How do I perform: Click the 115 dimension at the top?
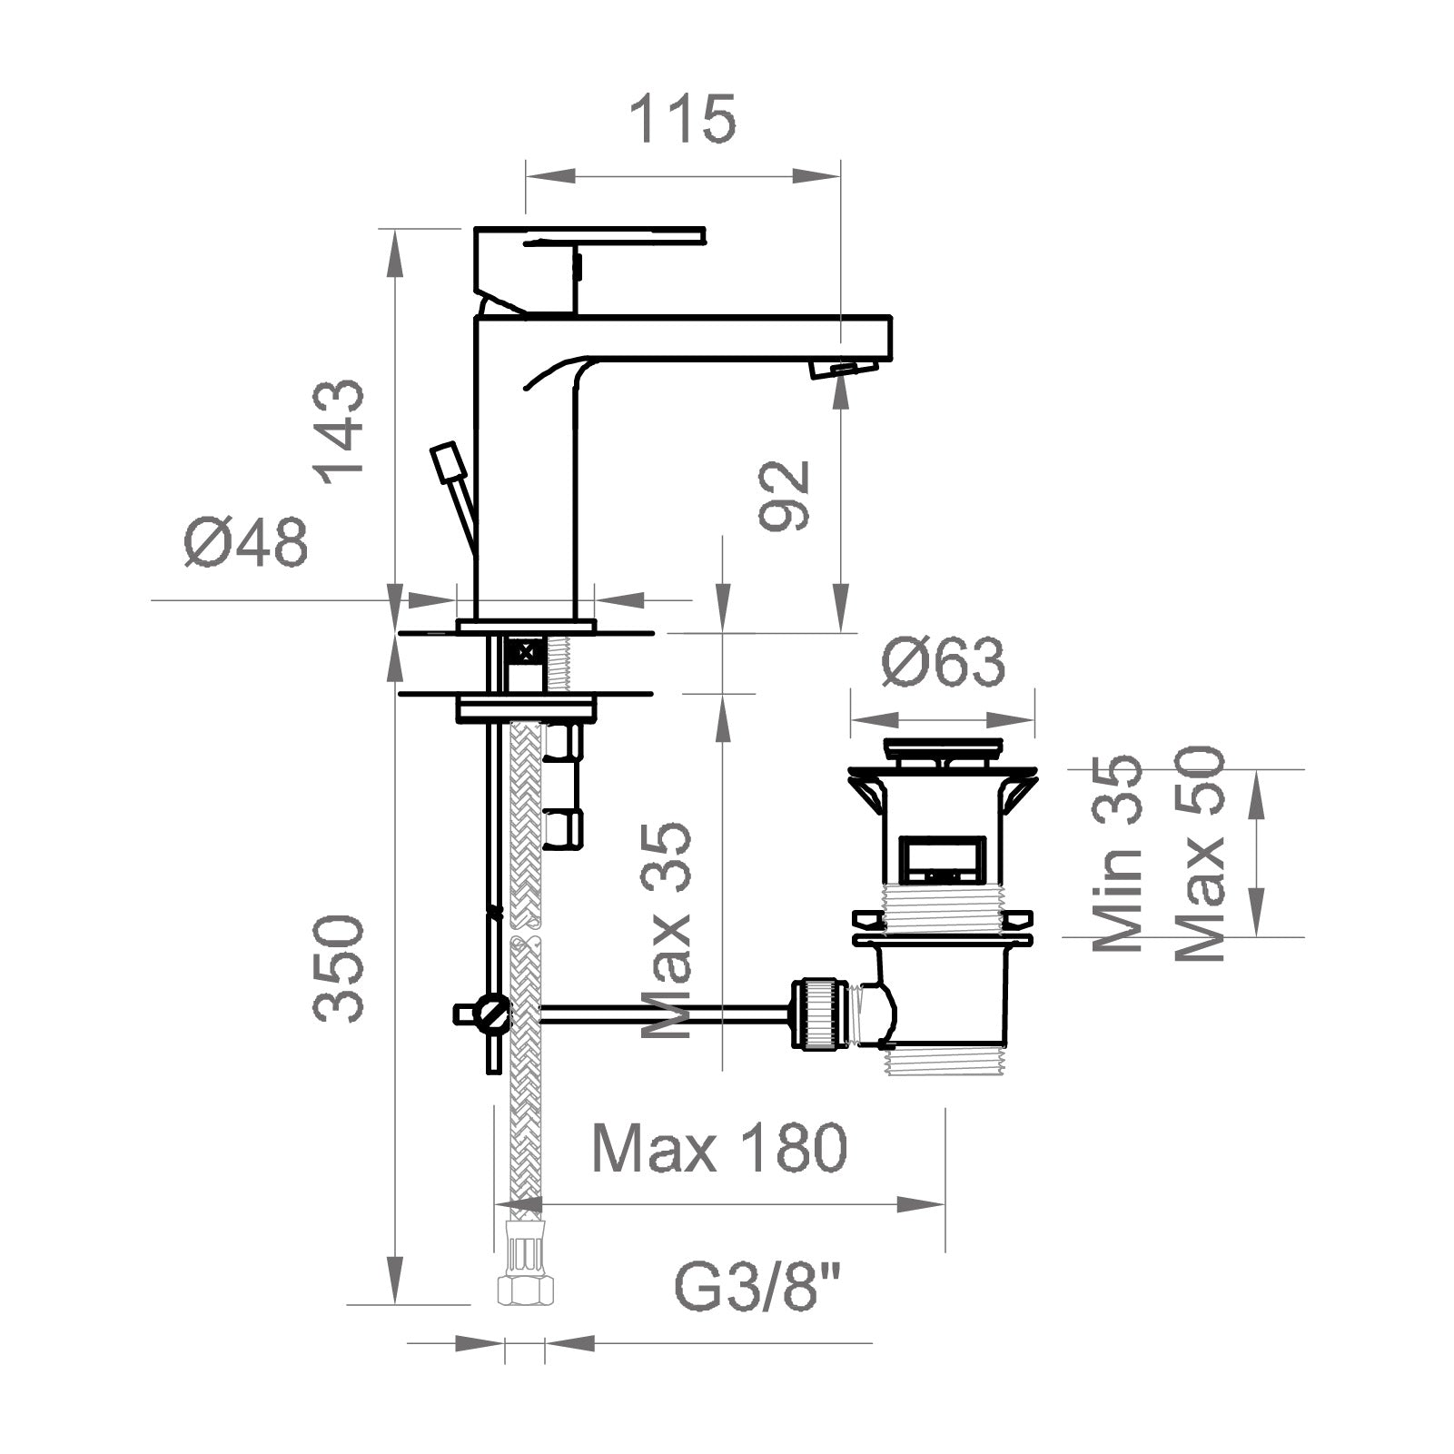(682, 119)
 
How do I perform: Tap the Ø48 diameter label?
(246, 543)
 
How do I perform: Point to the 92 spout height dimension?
(784, 495)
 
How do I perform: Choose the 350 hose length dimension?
(339, 968)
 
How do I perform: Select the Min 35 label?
(1116, 853)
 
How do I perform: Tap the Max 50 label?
(1200, 853)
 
